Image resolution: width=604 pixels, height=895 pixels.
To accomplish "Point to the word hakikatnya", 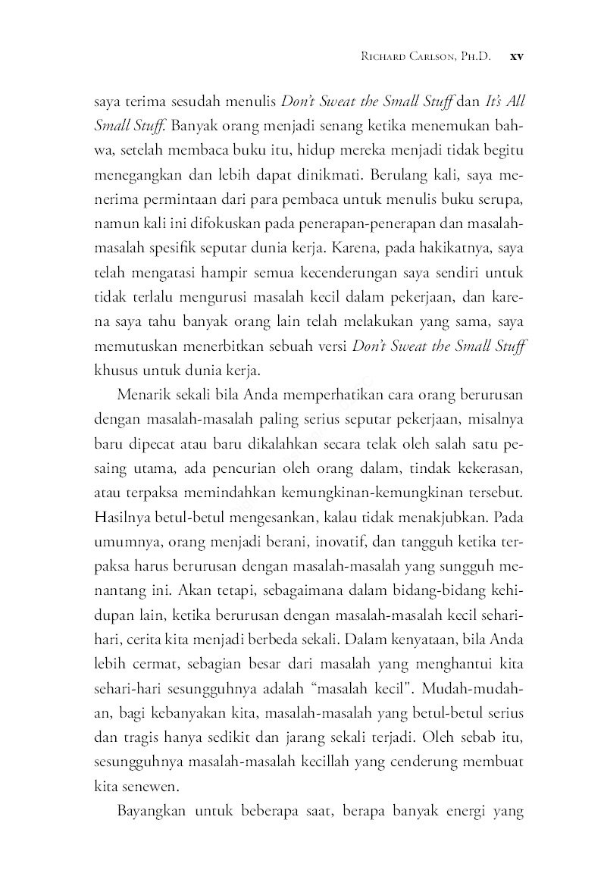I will coord(457,249).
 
